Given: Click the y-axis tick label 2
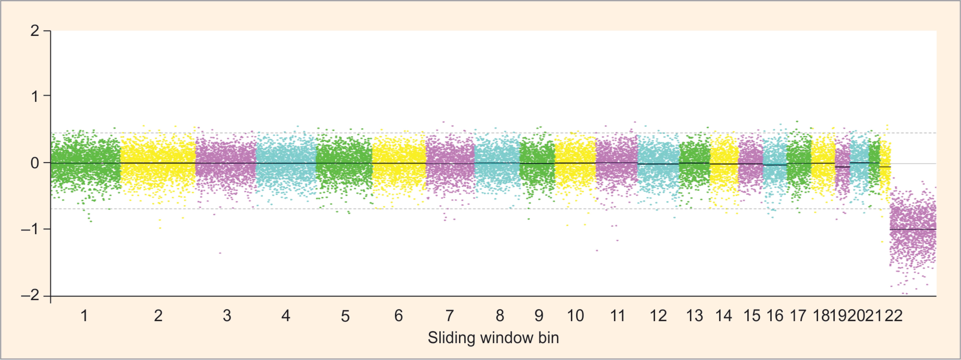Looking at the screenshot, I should click(35, 31).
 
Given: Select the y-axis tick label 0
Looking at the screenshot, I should click(35, 163).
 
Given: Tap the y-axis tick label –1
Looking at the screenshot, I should click(30, 229).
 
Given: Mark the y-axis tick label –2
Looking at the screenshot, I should click(30, 295).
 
